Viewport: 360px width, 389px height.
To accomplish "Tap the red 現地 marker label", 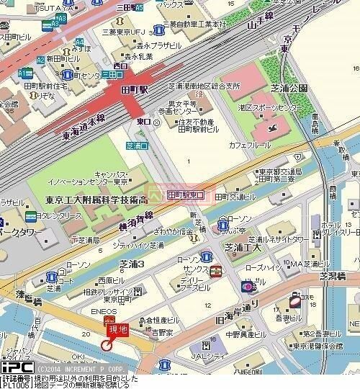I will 117,330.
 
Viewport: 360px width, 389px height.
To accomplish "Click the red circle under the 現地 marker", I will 107,345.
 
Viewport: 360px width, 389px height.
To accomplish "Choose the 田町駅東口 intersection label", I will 186,194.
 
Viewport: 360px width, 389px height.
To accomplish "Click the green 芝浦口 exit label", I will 135,146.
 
